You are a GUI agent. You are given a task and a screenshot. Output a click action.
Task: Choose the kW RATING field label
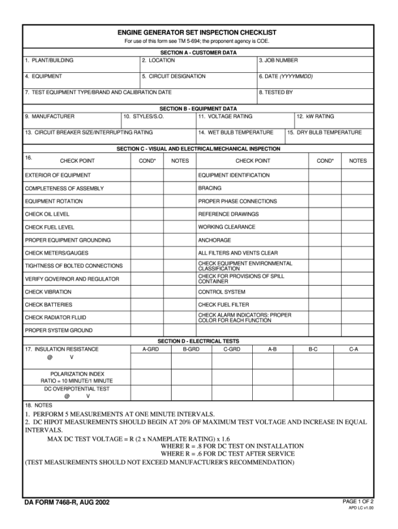(317, 116)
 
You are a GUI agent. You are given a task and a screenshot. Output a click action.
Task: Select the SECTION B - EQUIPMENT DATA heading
(198, 109)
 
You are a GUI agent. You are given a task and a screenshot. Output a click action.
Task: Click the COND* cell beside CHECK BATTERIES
(147, 304)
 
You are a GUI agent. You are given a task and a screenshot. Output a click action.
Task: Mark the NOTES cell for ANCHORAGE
(357, 240)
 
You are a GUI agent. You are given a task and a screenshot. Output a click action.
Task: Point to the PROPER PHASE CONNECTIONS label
(237, 201)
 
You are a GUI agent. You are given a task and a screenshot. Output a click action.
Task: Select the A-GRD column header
(150, 349)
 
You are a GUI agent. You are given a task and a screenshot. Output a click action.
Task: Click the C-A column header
(353, 349)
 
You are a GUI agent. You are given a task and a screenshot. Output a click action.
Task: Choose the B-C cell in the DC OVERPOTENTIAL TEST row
(313, 392)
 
